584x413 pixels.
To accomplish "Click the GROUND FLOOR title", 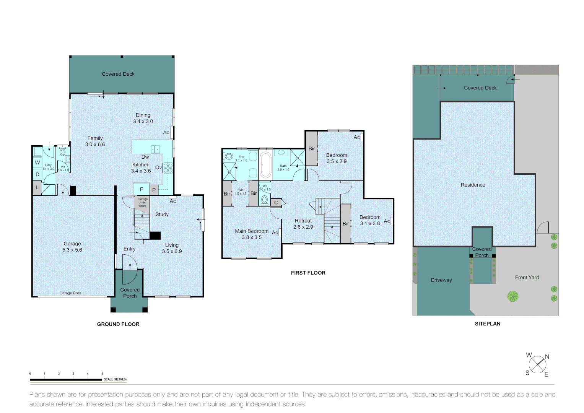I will (118, 324).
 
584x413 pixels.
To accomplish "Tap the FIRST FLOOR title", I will (308, 273).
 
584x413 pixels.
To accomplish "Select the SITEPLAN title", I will (487, 324).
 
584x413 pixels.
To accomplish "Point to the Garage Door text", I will (70, 293).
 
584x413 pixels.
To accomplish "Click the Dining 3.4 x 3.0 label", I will (143, 118).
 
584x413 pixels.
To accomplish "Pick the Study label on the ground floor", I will (162, 215).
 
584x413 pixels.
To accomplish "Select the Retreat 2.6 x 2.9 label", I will (303, 224).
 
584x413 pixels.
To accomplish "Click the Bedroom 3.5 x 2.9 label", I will (337, 158).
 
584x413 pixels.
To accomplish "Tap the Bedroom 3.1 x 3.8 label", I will (370, 220).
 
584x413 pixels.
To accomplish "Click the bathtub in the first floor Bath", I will (265, 164).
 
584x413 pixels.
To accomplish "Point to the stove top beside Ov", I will (168, 168).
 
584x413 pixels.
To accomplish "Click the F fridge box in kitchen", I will (142, 189).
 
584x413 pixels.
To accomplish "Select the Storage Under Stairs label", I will (142, 203).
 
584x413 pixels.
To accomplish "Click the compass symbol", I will (538, 365).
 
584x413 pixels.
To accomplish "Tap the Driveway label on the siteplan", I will (441, 280).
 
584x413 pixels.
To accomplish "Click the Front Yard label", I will (527, 278).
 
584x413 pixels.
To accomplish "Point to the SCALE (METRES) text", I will (115, 379).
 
